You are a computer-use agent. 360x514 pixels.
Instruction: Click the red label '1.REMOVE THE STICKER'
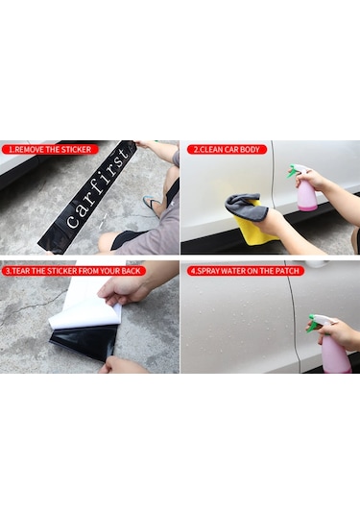click(50, 150)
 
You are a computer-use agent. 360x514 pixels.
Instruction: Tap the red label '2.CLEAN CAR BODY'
click(227, 150)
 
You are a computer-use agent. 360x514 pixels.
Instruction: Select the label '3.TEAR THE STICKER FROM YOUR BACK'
click(73, 271)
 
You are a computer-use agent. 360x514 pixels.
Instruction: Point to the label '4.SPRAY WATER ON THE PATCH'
click(246, 271)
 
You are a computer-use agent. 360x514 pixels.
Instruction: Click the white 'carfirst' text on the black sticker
click(97, 187)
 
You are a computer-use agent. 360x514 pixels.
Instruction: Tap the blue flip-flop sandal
click(152, 206)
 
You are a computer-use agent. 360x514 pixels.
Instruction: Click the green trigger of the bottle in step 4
click(313, 324)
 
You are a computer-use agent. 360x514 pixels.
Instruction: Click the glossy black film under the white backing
click(86, 342)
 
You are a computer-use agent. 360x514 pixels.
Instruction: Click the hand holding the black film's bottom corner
click(122, 365)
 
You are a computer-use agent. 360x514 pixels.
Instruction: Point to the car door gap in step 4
click(294, 315)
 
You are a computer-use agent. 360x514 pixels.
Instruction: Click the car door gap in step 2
click(273, 176)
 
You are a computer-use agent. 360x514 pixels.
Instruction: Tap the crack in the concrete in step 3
click(33, 305)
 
